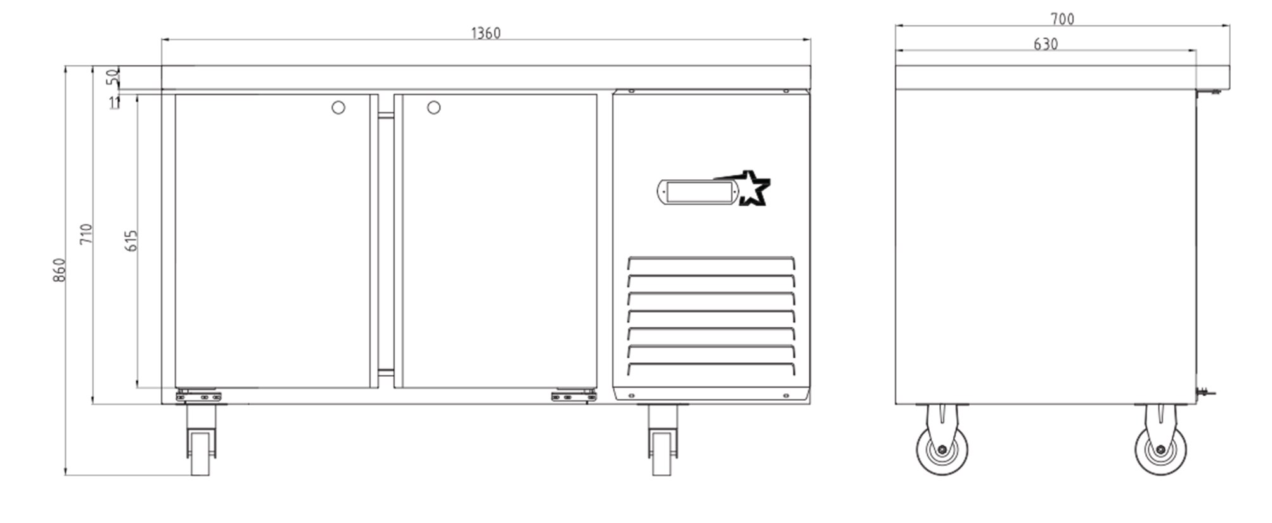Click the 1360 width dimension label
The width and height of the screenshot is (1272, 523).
(485, 33)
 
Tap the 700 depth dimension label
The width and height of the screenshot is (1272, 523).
(1062, 20)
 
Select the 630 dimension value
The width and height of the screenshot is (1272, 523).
(1046, 44)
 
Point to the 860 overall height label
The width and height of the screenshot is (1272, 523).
(59, 270)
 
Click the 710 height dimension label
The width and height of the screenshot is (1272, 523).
(86, 234)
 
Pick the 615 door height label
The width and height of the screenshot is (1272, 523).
(131, 241)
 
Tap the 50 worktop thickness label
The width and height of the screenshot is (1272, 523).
(113, 77)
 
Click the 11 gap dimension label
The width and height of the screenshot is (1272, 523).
(115, 103)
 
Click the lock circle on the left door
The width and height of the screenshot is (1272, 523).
(338, 108)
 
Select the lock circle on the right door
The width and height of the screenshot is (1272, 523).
(434, 108)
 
